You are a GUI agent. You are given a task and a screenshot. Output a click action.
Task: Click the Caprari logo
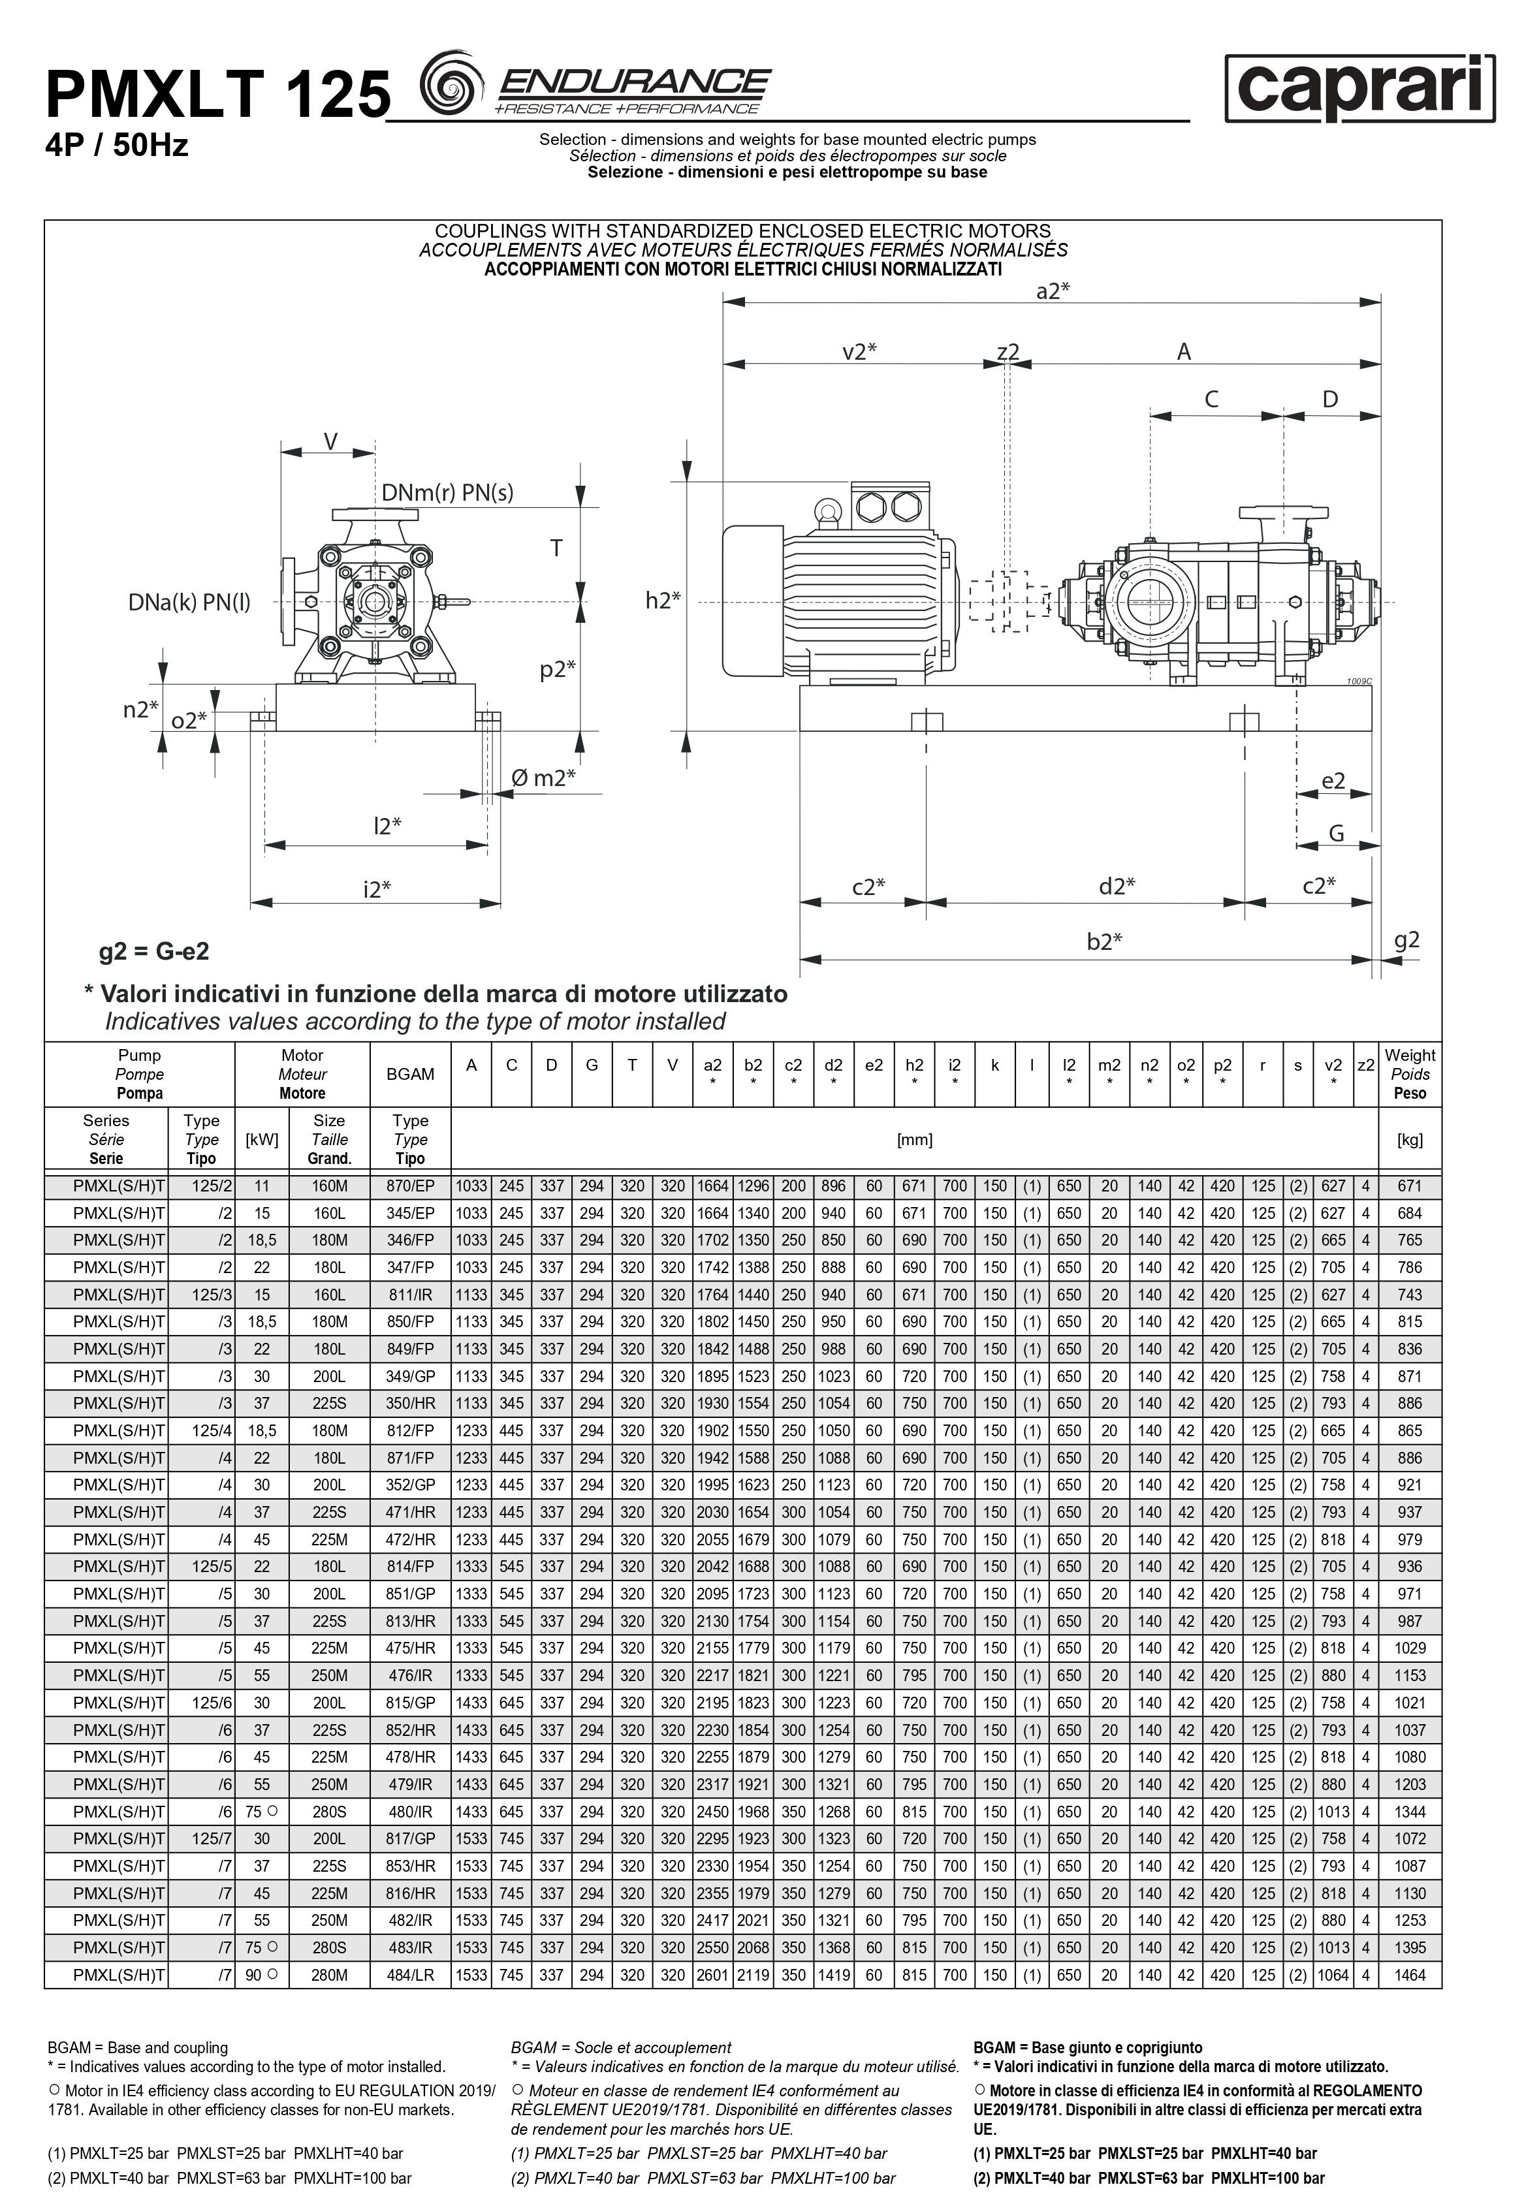pos(1359,88)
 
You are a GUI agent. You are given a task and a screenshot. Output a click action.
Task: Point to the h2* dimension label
pos(663,600)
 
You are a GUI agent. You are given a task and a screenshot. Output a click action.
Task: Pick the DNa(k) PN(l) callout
pos(189,602)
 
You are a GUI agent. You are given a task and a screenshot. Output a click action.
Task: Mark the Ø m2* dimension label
pos(543,778)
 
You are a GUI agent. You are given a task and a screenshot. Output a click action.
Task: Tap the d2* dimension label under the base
pos(1117,886)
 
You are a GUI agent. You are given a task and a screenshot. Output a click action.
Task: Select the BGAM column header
pos(410,1074)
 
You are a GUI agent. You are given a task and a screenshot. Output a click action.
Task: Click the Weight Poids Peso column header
pos(1410,1074)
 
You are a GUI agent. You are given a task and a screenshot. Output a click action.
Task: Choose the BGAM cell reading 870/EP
pos(410,1186)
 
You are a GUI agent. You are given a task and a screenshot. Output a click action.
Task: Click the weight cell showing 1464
pos(1410,1976)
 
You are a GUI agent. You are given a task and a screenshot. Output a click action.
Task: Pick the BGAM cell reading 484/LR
pos(410,1976)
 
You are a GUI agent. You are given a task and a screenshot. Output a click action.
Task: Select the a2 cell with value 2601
pos(712,1976)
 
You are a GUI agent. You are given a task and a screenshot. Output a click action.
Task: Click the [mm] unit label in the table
pos(914,1139)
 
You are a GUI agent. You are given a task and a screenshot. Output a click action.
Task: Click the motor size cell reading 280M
pos(328,1976)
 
